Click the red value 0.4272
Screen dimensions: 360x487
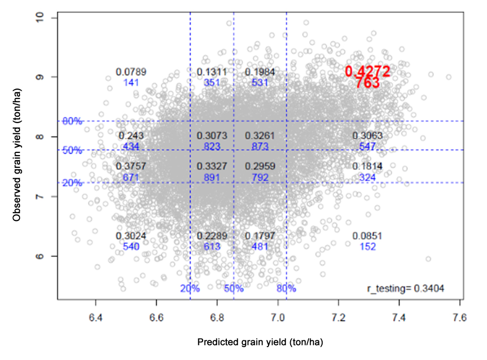(367, 72)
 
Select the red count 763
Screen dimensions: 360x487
(367, 83)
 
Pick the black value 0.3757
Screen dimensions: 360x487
(131, 166)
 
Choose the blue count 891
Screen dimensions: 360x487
(212, 178)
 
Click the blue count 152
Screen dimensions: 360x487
(367, 247)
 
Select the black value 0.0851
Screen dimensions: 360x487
(367, 236)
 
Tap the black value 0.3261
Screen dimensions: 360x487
(260, 136)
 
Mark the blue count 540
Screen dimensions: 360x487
(131, 247)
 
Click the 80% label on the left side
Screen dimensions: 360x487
(72, 122)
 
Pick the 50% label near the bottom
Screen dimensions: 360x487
(233, 288)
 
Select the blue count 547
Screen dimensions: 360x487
(367, 147)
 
